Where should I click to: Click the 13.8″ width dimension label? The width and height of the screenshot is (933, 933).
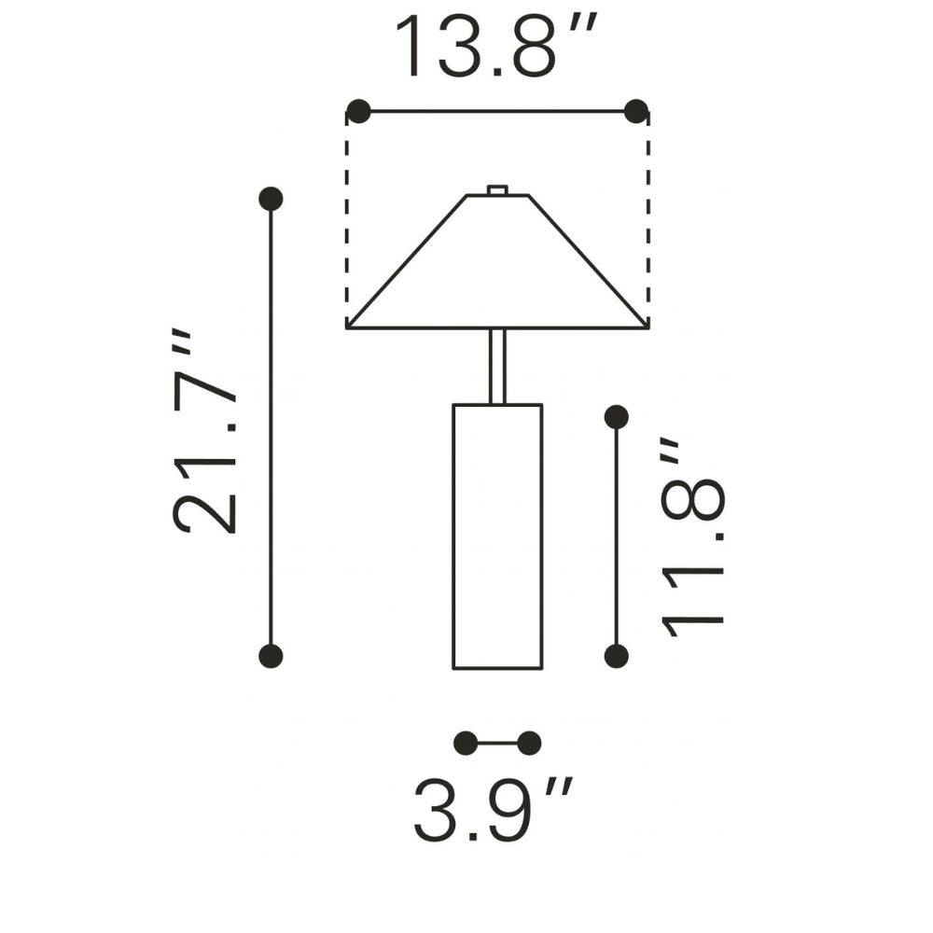[495, 46]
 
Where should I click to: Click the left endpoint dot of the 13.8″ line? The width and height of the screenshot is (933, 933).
[358, 111]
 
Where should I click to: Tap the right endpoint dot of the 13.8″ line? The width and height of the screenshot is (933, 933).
[636, 111]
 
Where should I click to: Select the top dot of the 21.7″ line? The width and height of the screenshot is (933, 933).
[271, 199]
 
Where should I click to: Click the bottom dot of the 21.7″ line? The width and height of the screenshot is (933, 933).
[271, 656]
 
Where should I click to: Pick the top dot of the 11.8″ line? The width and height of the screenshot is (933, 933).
[616, 417]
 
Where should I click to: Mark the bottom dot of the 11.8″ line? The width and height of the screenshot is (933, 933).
[616, 656]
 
